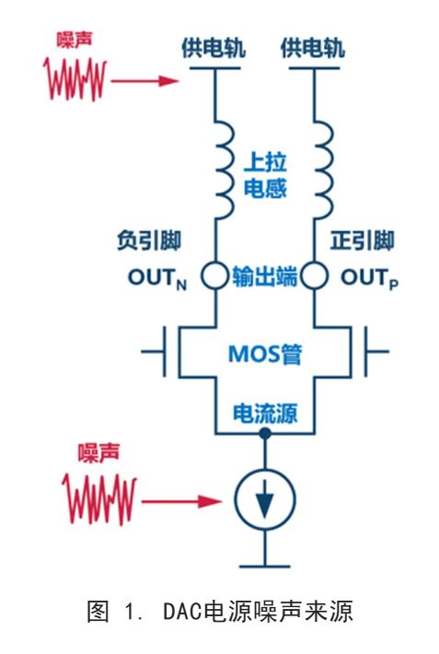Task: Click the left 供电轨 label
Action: pyautogui.click(x=214, y=48)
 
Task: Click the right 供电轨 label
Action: pyautogui.click(x=312, y=48)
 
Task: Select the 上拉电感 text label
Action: pyautogui.click(x=265, y=176)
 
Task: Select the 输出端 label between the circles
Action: pyautogui.click(x=265, y=277)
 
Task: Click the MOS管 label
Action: pyautogui.click(x=265, y=353)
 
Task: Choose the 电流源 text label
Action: pyautogui.click(x=265, y=410)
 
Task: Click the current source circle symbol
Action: pyautogui.click(x=265, y=501)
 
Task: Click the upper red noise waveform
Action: pyautogui.click(x=75, y=81)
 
